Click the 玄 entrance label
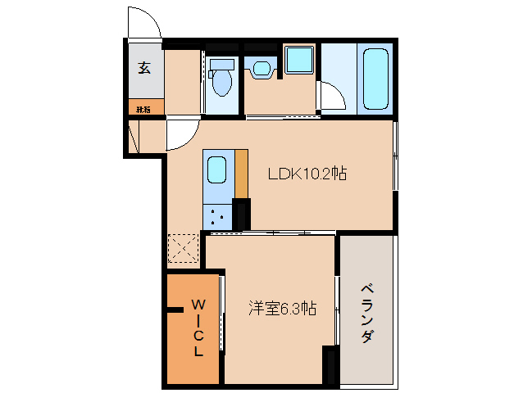tap(144, 68)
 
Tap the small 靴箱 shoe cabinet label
tap(143, 107)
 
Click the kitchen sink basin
tap(217, 169)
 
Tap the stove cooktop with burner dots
tap(217, 215)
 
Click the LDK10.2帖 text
tap(307, 174)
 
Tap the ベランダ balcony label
tap(367, 314)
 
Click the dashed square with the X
tap(184, 249)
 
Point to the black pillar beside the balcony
tap(330, 365)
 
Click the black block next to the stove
tap(241, 214)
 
